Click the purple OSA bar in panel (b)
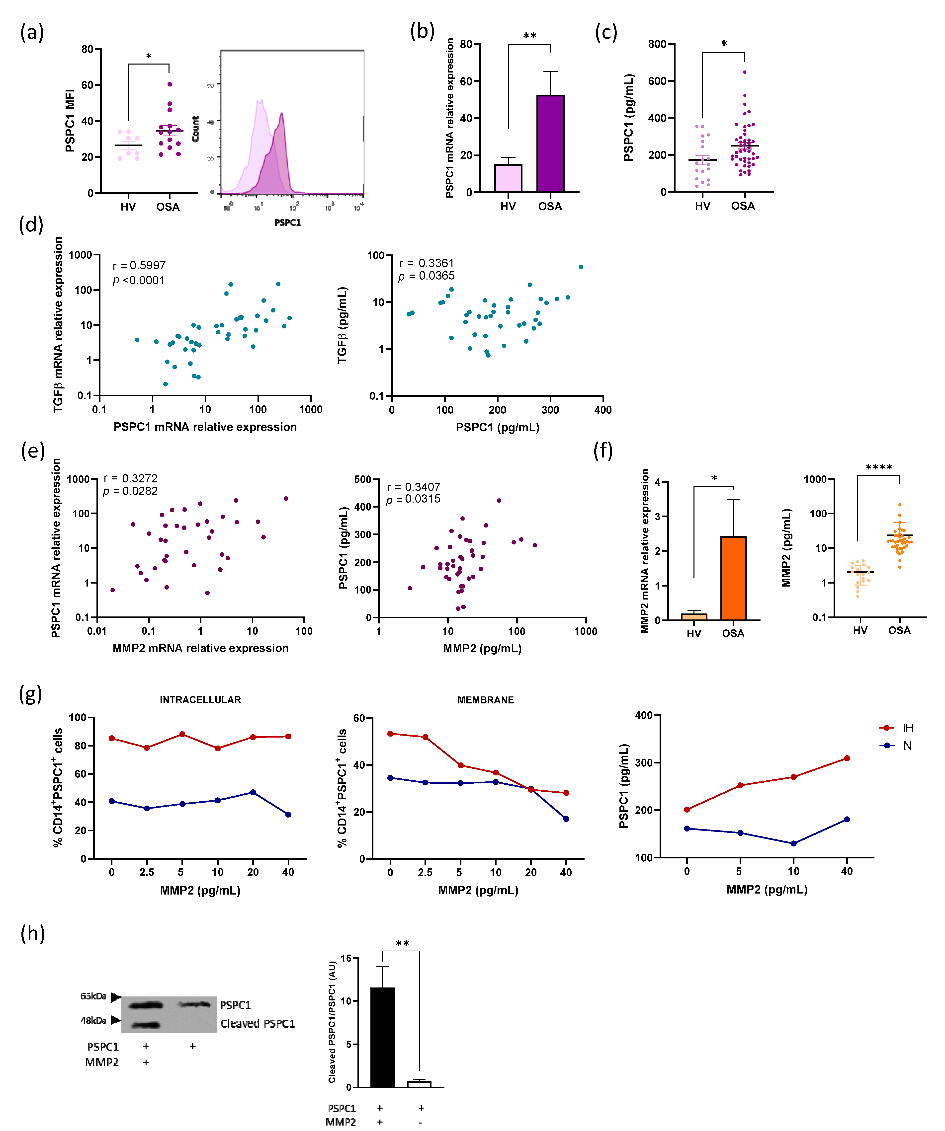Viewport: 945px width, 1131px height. tap(550, 143)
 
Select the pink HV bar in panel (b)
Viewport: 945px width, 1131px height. tap(508, 178)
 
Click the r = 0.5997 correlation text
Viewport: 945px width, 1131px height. tap(139, 266)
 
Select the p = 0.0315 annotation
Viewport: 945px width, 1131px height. tap(413, 499)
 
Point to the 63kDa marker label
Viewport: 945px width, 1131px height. tap(93, 996)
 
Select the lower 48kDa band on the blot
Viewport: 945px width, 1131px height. tap(146, 1025)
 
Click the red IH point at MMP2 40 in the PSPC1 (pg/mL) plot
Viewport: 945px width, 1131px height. tap(847, 758)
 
